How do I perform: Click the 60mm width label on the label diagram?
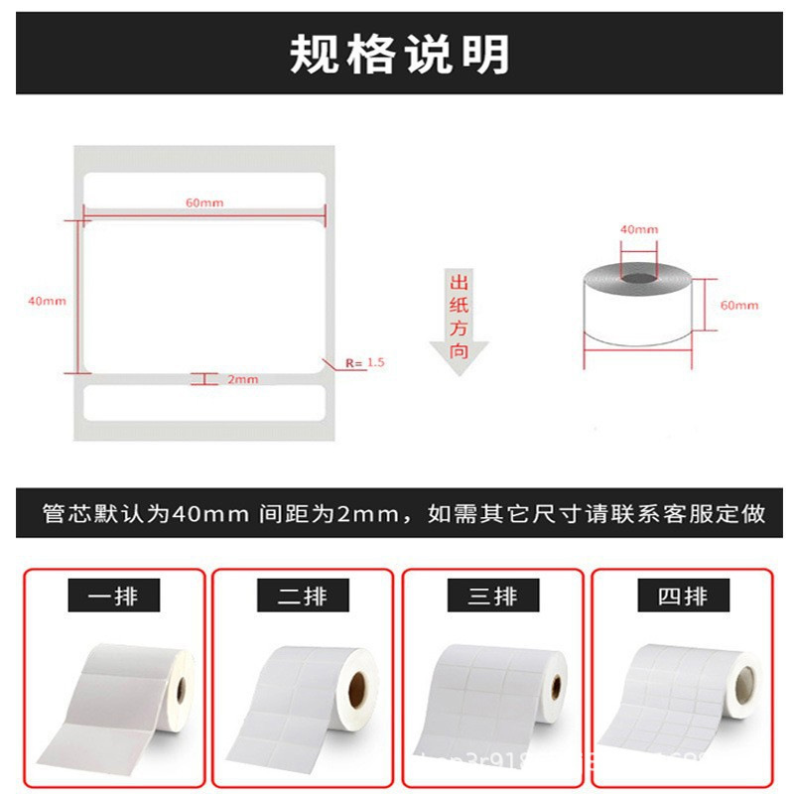(204, 202)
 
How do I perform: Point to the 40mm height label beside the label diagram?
(47, 300)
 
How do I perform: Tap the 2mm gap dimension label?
(242, 379)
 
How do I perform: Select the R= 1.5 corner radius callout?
(364, 363)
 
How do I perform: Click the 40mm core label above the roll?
(638, 229)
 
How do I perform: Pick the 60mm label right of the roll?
(738, 305)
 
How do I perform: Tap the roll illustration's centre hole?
(638, 275)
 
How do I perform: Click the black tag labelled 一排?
(112, 596)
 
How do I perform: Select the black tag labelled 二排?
(302, 596)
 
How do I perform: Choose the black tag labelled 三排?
(491, 596)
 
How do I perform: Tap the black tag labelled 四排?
(681, 596)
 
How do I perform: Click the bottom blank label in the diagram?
(204, 402)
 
